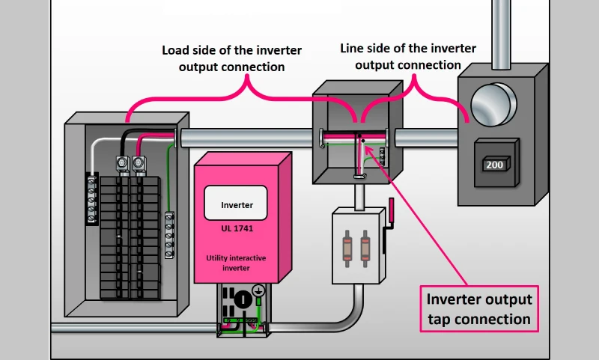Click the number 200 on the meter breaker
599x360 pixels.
pos(495,164)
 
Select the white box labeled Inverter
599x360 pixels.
pos(236,204)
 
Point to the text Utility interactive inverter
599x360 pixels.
pos(237,263)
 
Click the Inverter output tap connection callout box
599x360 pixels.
pos(478,309)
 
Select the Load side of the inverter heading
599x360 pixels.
pos(232,58)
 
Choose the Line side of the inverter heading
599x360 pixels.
pos(408,56)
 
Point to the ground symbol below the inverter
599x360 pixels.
pos(258,290)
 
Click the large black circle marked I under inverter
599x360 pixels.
pos(241,299)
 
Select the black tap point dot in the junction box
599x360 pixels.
pos(360,138)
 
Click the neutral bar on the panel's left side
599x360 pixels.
pos(91,199)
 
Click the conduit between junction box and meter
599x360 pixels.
pos(428,138)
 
